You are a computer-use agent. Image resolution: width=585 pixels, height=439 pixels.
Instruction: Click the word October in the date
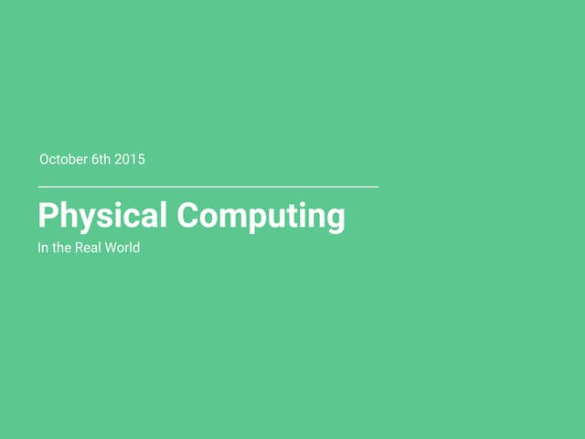pyautogui.click(x=63, y=159)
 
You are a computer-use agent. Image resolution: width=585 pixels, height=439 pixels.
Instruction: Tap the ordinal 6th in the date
pyautogui.click(x=101, y=159)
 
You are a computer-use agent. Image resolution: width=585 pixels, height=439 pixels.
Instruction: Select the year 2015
pyautogui.click(x=130, y=159)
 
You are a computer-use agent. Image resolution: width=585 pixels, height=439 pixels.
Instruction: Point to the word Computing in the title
pyautogui.click(x=261, y=216)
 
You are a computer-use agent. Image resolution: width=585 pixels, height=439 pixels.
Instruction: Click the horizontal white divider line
pyautogui.click(x=207, y=187)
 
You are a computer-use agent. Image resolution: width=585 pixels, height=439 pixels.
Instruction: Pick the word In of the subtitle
pyautogui.click(x=42, y=248)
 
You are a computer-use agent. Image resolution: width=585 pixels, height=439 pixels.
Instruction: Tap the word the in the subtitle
pyautogui.click(x=61, y=248)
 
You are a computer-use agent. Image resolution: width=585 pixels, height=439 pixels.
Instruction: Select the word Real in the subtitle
pyautogui.click(x=89, y=248)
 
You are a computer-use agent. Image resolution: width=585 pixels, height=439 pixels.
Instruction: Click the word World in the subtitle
pyautogui.click(x=122, y=248)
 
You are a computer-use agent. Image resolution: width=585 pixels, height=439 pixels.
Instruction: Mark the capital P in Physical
pyautogui.click(x=47, y=215)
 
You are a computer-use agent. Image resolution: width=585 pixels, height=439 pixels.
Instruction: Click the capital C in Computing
pyautogui.click(x=187, y=215)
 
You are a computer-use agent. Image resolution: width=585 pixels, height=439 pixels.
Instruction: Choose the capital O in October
pyautogui.click(x=45, y=159)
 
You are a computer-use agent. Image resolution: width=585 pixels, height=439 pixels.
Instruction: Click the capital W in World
pyautogui.click(x=112, y=248)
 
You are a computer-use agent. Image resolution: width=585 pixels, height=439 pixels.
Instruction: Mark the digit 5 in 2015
pyautogui.click(x=141, y=159)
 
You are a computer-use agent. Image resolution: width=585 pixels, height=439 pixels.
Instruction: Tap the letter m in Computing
pyautogui.click(x=237, y=218)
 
